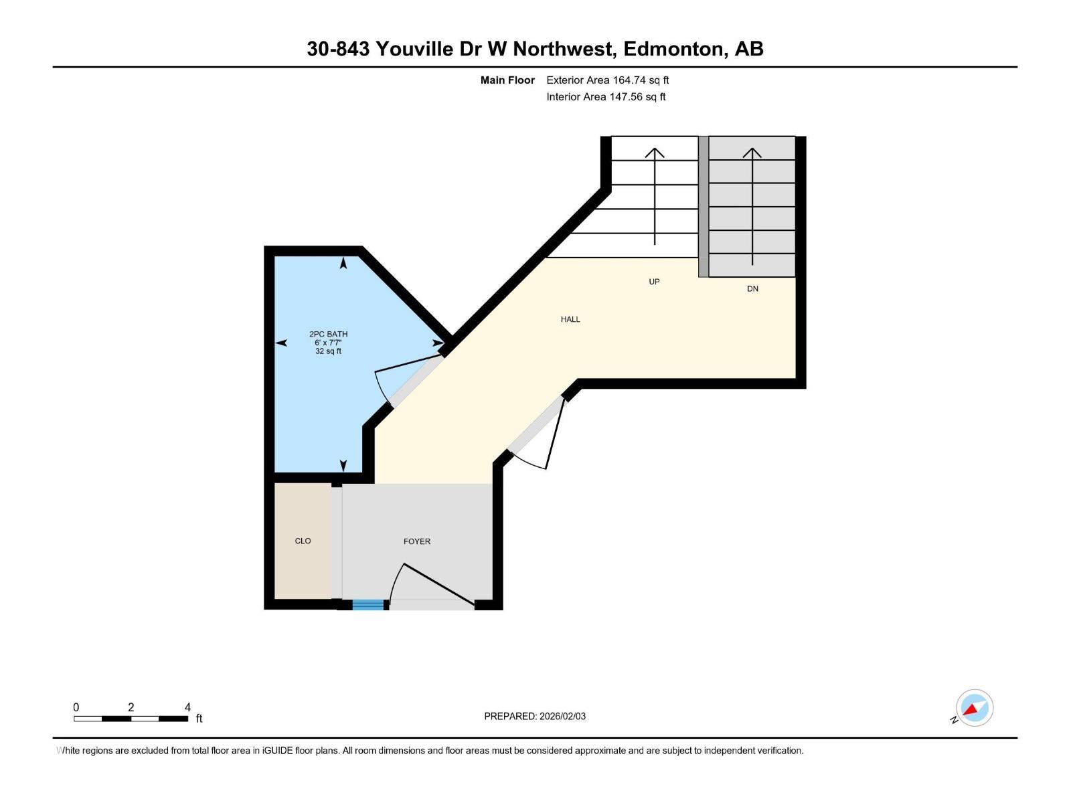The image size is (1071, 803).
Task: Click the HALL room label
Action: pos(570,319)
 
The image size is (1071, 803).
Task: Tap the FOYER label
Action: pos(416,541)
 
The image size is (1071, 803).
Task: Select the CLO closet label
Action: pos(303,541)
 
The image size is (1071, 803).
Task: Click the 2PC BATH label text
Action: pos(328,334)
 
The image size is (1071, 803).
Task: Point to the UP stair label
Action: pos(654,282)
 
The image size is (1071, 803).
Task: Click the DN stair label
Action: pos(752,289)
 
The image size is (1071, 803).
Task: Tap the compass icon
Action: pos(974,708)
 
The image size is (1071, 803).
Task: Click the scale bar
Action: pos(131,719)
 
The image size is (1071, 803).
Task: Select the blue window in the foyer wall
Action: pos(368,605)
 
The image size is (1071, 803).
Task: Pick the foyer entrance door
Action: pos(435,585)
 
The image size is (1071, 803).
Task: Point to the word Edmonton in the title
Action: pos(673,49)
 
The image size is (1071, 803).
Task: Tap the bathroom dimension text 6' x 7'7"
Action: pos(328,343)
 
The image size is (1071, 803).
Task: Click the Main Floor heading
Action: pos(507,80)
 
